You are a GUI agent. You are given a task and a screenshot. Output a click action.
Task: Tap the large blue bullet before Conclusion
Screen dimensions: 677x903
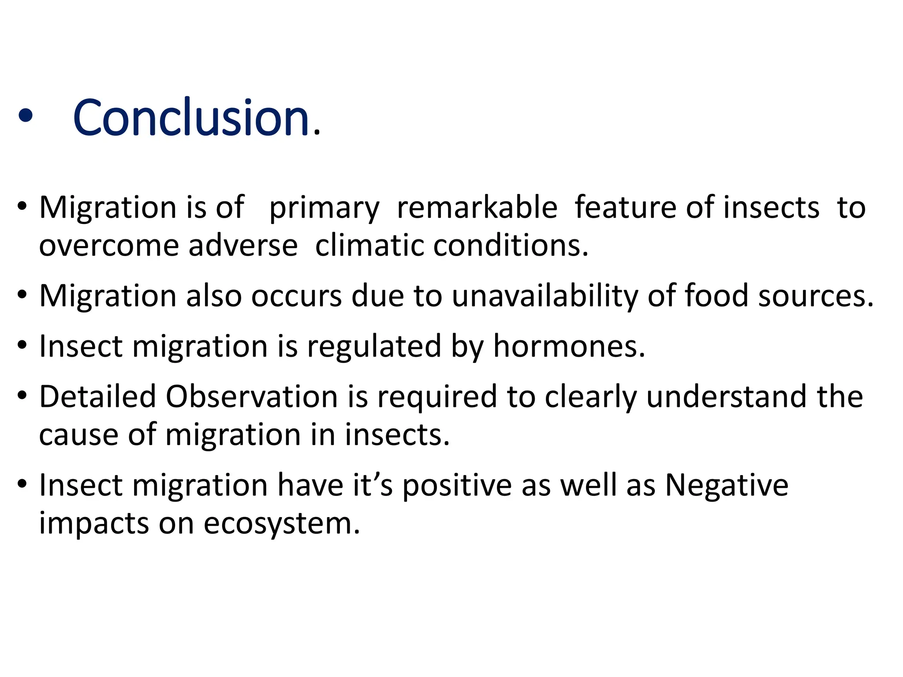pos(26,116)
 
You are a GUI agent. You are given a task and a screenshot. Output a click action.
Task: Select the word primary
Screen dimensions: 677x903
pos(324,208)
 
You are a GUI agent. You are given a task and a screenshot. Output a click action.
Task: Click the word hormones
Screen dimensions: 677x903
pos(569,346)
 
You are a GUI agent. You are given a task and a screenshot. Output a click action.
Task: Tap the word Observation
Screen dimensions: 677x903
pos(252,396)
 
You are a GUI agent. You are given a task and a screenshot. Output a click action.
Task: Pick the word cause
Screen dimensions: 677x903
pos(78,435)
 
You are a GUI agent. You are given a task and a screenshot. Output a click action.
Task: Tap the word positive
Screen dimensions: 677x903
pos(457,486)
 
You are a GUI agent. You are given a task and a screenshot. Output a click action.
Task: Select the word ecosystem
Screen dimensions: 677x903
pos(282,524)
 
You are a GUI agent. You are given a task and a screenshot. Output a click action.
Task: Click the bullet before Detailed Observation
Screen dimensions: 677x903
pos(22,395)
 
